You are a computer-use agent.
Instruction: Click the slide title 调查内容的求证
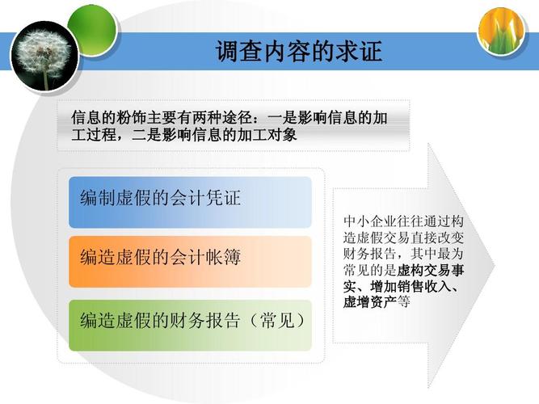coord(299,51)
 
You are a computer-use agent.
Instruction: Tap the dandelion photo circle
coord(44,56)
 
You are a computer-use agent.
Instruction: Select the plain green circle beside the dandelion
coord(93,29)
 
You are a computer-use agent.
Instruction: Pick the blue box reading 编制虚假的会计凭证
coord(190,202)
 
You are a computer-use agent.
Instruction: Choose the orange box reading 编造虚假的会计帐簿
coord(190,262)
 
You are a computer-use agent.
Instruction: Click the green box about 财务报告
coord(190,326)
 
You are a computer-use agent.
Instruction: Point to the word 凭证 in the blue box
coord(223,198)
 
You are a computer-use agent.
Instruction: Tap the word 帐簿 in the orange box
coord(223,258)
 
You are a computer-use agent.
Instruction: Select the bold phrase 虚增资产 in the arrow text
coord(370,302)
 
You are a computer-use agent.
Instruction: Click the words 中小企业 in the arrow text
coord(370,221)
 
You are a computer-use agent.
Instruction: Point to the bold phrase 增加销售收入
coord(411,286)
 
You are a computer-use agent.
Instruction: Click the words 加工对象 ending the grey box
coord(267,135)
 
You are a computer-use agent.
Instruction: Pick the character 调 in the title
coord(228,52)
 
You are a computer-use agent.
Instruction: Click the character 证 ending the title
coord(371,52)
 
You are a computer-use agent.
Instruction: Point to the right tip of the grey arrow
coord(495,266)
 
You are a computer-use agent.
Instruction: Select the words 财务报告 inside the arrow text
coord(370,254)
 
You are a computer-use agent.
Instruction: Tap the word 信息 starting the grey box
coord(86,118)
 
